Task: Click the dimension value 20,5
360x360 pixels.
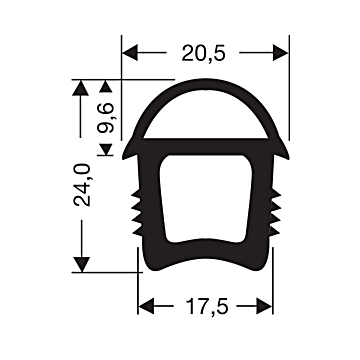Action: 204,52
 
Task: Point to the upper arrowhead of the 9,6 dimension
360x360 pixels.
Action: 108,90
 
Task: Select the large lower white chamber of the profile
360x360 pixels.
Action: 204,200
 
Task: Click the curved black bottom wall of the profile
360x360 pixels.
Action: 204,265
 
